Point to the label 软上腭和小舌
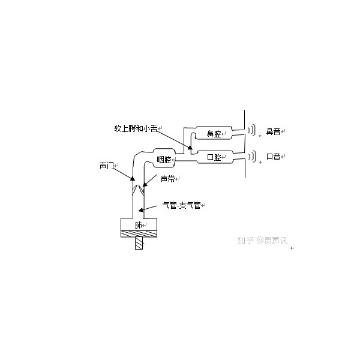click(x=136, y=128)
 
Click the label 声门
click(x=106, y=166)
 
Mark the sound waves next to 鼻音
click(x=251, y=130)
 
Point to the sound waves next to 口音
click(x=251, y=157)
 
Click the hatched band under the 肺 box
click(x=139, y=234)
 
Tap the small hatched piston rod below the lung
click(x=139, y=243)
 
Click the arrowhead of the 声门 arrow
click(x=133, y=178)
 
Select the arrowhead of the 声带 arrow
click(x=145, y=184)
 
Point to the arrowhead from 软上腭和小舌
click(x=190, y=148)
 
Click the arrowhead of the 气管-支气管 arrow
click(x=140, y=210)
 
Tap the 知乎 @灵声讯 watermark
click(x=262, y=241)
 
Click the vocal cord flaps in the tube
click(x=138, y=190)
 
